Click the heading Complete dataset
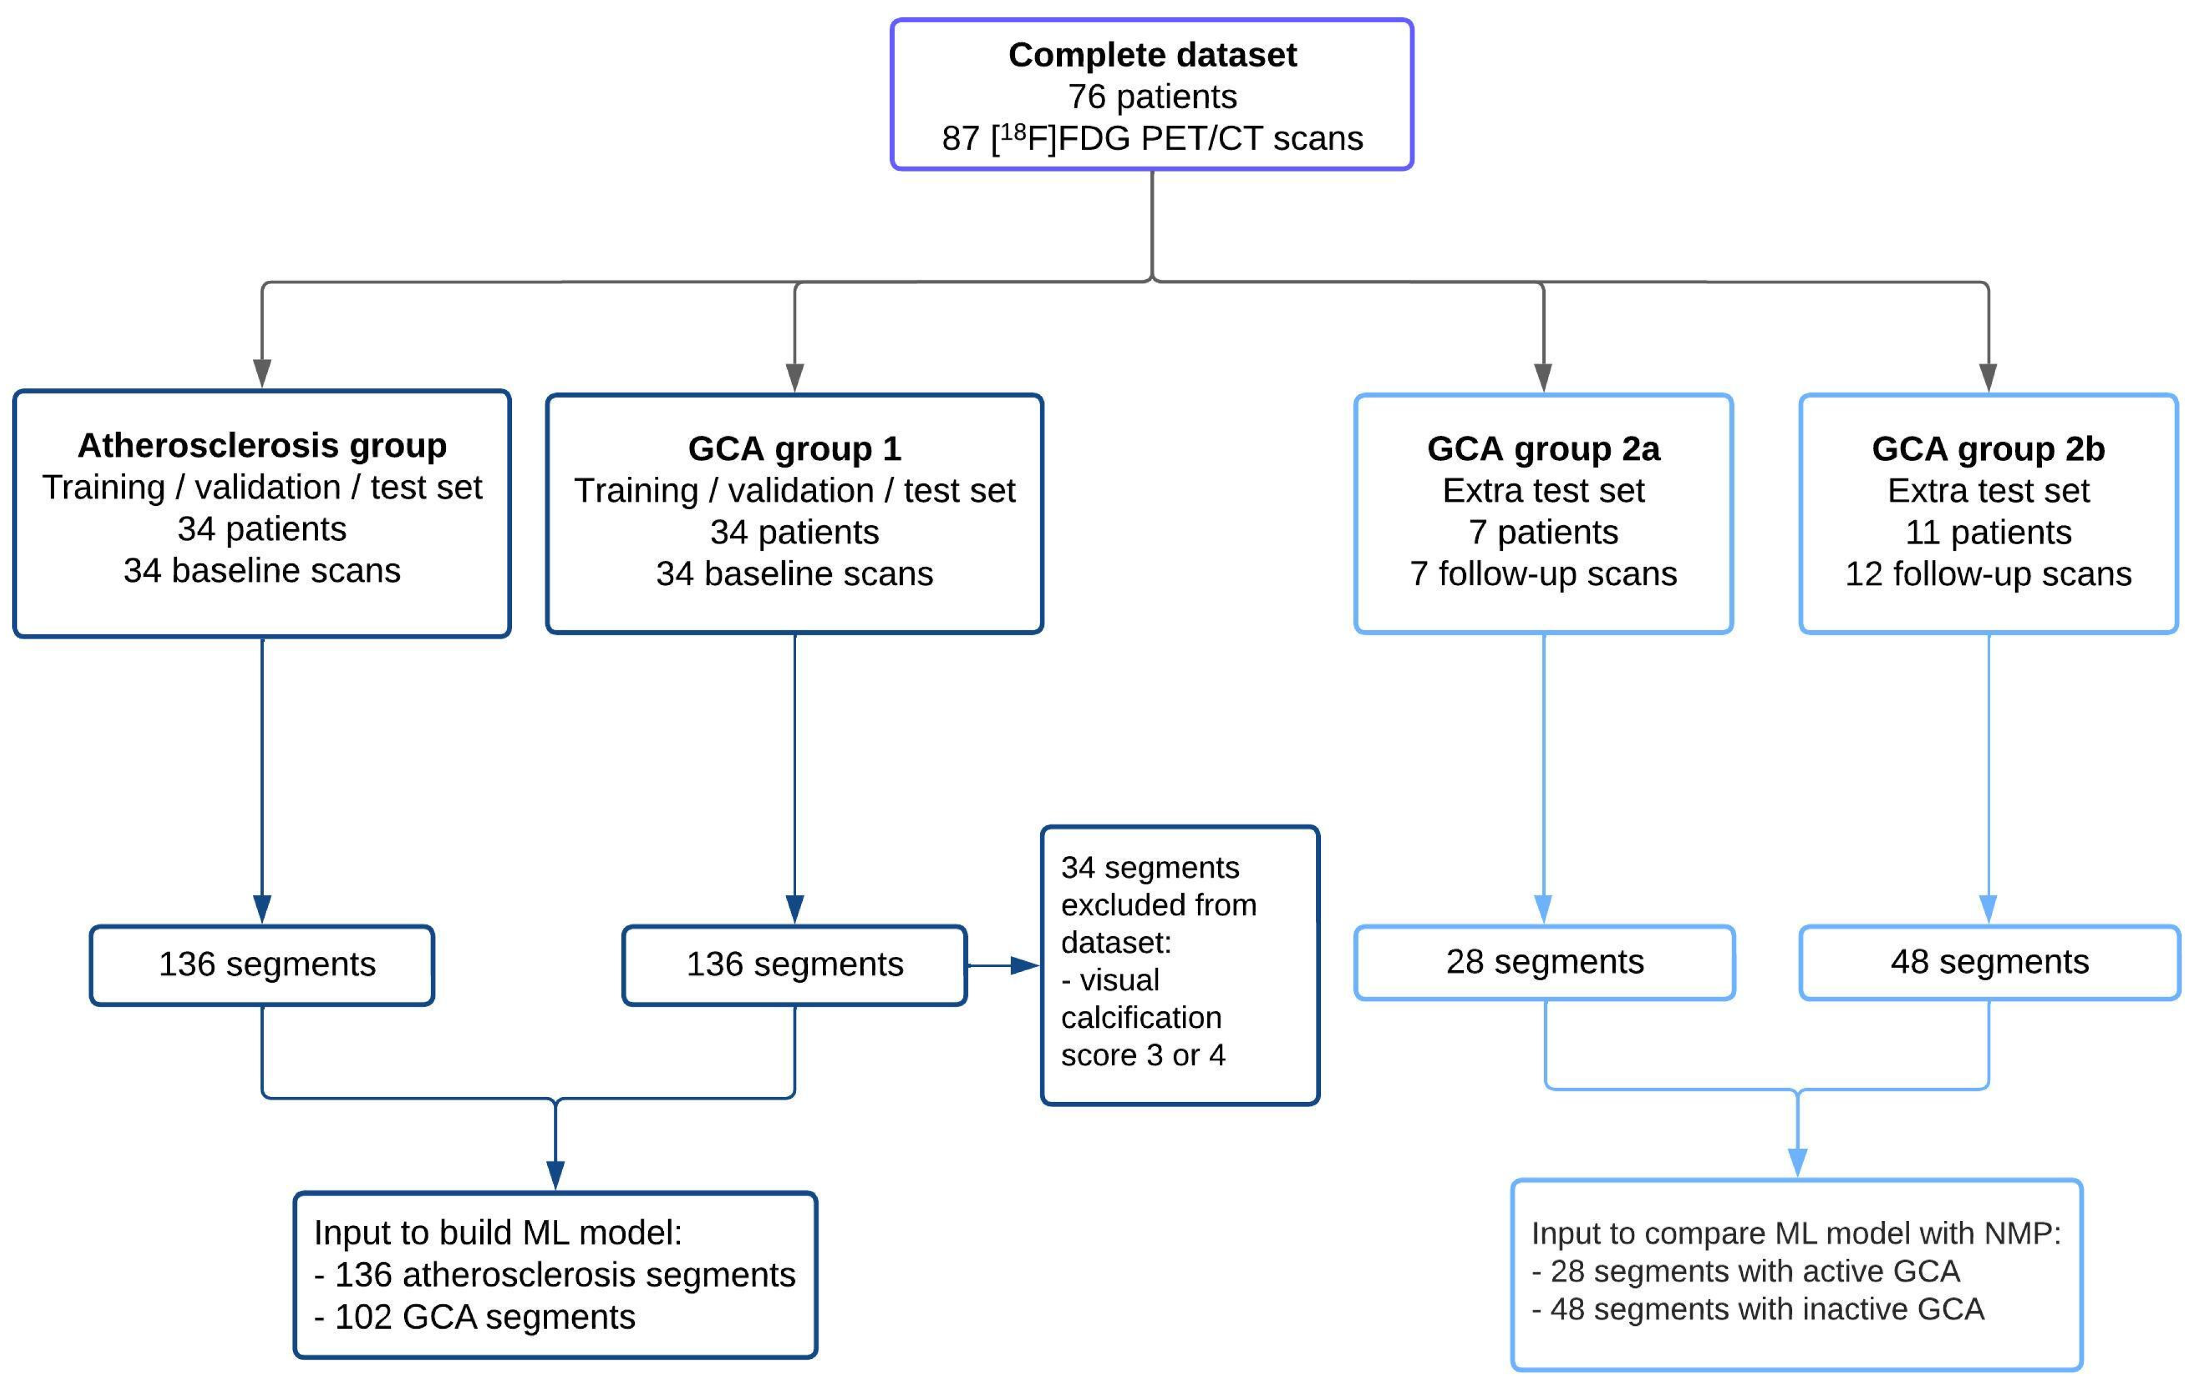[1152, 55]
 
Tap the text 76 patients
[1152, 97]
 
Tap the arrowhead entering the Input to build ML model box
[555, 1175]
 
